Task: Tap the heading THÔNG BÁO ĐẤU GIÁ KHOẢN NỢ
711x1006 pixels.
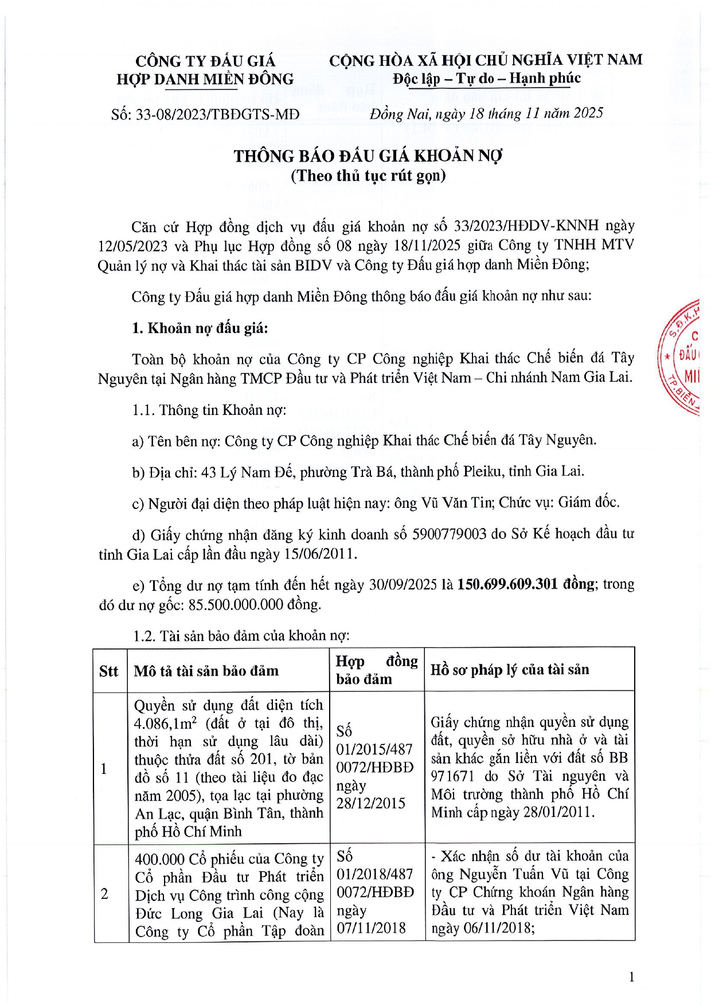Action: pyautogui.click(x=368, y=156)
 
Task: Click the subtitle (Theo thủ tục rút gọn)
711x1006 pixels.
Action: pyautogui.click(x=368, y=175)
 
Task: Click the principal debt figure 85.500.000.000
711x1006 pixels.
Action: pyautogui.click(x=236, y=604)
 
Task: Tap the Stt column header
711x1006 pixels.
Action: pyautogui.click(x=108, y=671)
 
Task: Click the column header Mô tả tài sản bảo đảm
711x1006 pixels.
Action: pyautogui.click(x=206, y=671)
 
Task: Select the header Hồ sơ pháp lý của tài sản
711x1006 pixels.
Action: pyautogui.click(x=510, y=670)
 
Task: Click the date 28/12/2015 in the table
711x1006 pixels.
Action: pyautogui.click(x=370, y=803)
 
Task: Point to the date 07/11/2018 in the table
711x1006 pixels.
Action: pyautogui.click(x=370, y=928)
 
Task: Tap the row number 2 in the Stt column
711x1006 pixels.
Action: pyautogui.click(x=104, y=894)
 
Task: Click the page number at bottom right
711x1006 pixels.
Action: pyautogui.click(x=631, y=977)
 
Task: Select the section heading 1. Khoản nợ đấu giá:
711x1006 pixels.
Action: pyautogui.click(x=200, y=328)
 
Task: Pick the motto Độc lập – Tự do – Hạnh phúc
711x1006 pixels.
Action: pyautogui.click(x=486, y=79)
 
